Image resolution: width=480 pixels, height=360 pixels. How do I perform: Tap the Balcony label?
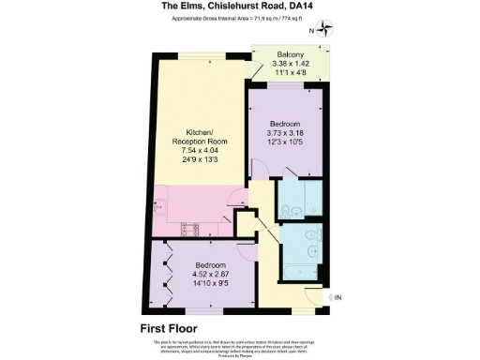click(289, 53)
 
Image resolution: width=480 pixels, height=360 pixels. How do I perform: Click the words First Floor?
click(173, 328)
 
